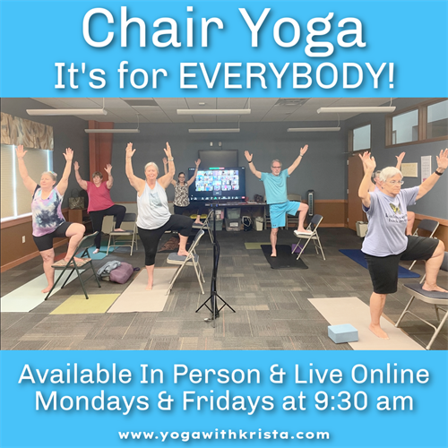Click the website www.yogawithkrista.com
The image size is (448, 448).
[224, 434]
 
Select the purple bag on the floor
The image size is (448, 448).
[119, 272]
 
